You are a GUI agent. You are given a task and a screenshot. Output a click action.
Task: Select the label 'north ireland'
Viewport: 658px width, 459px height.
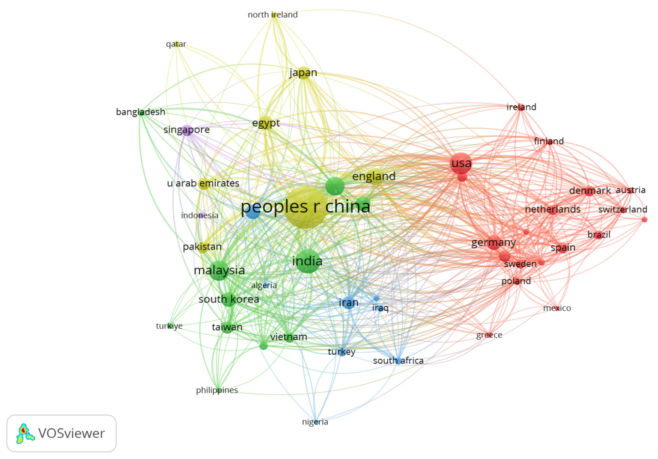pos(273,15)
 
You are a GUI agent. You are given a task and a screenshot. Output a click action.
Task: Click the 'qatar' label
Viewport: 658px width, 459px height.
pos(176,44)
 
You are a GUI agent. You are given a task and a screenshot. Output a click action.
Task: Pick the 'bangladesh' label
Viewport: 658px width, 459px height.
pos(140,112)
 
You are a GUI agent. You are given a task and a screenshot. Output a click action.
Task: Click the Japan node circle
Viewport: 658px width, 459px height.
pos(304,73)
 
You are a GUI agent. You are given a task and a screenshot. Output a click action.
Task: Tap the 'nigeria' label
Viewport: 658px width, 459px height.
pos(315,422)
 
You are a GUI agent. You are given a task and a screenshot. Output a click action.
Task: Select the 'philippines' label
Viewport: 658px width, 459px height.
pos(217,390)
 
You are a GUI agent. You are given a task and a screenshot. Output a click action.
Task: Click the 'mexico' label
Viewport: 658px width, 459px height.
pos(557,308)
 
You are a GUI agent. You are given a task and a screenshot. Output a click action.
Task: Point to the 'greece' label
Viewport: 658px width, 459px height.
pos(489,335)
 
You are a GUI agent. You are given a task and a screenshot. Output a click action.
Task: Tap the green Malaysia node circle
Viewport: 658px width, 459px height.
pos(219,270)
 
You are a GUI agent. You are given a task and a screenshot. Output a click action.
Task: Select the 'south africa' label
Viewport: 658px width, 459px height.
pos(398,360)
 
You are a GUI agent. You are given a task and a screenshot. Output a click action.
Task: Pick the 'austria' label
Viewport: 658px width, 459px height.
pos(630,190)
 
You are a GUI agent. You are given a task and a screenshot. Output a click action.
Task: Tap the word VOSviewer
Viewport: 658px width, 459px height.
pos(71,433)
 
